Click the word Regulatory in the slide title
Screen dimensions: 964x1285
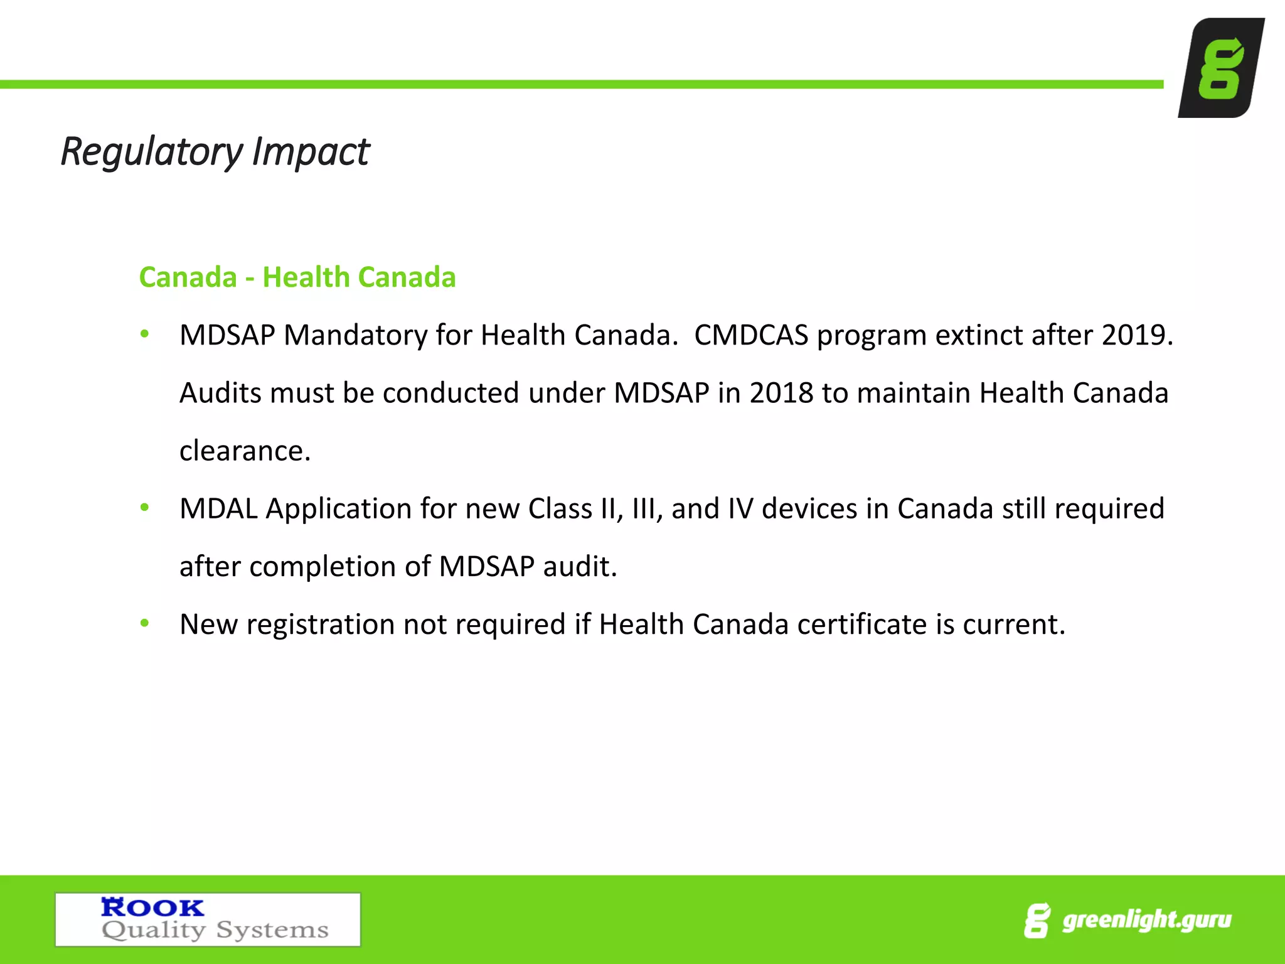point(151,152)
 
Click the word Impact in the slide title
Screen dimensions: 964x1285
point(311,152)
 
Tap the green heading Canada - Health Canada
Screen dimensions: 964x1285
point(297,277)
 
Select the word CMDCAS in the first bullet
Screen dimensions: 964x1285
point(751,335)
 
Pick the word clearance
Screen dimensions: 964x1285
point(245,451)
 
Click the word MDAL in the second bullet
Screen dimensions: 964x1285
point(218,509)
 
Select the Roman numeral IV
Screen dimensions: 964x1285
point(740,509)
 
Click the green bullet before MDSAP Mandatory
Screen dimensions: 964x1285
point(145,334)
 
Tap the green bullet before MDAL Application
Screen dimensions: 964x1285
point(145,507)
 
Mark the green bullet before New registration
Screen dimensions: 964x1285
point(145,623)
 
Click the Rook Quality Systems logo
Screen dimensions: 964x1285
point(208,919)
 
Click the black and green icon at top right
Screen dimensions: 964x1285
point(1221,68)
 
